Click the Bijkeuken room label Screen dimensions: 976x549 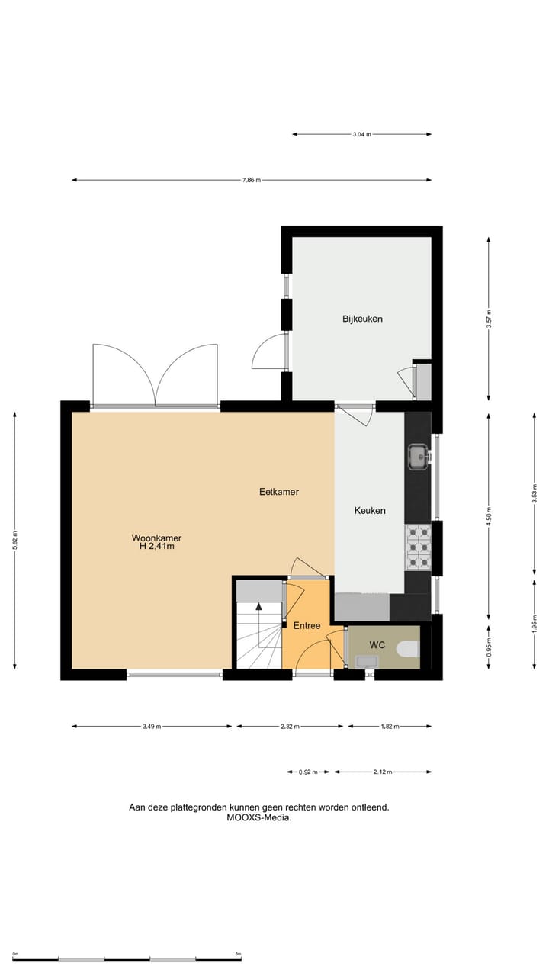[x=362, y=319]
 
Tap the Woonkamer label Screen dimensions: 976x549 [x=156, y=538]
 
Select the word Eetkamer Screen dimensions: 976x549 [x=279, y=492]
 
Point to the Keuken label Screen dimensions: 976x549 [x=370, y=511]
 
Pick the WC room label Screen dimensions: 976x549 [x=377, y=645]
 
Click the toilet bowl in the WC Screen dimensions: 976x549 [x=408, y=649]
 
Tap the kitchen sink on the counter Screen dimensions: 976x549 [x=418, y=456]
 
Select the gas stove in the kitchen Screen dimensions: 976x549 [x=418, y=547]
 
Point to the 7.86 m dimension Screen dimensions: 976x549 [x=252, y=181]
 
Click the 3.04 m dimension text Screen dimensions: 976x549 [x=361, y=135]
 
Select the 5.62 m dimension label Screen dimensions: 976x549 [x=14, y=541]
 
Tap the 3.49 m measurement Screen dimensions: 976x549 [x=152, y=727]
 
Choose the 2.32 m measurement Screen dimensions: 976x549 [x=291, y=727]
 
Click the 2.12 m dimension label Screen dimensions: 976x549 [x=382, y=772]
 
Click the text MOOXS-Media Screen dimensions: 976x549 [x=259, y=817]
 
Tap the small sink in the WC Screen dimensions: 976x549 [x=365, y=662]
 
